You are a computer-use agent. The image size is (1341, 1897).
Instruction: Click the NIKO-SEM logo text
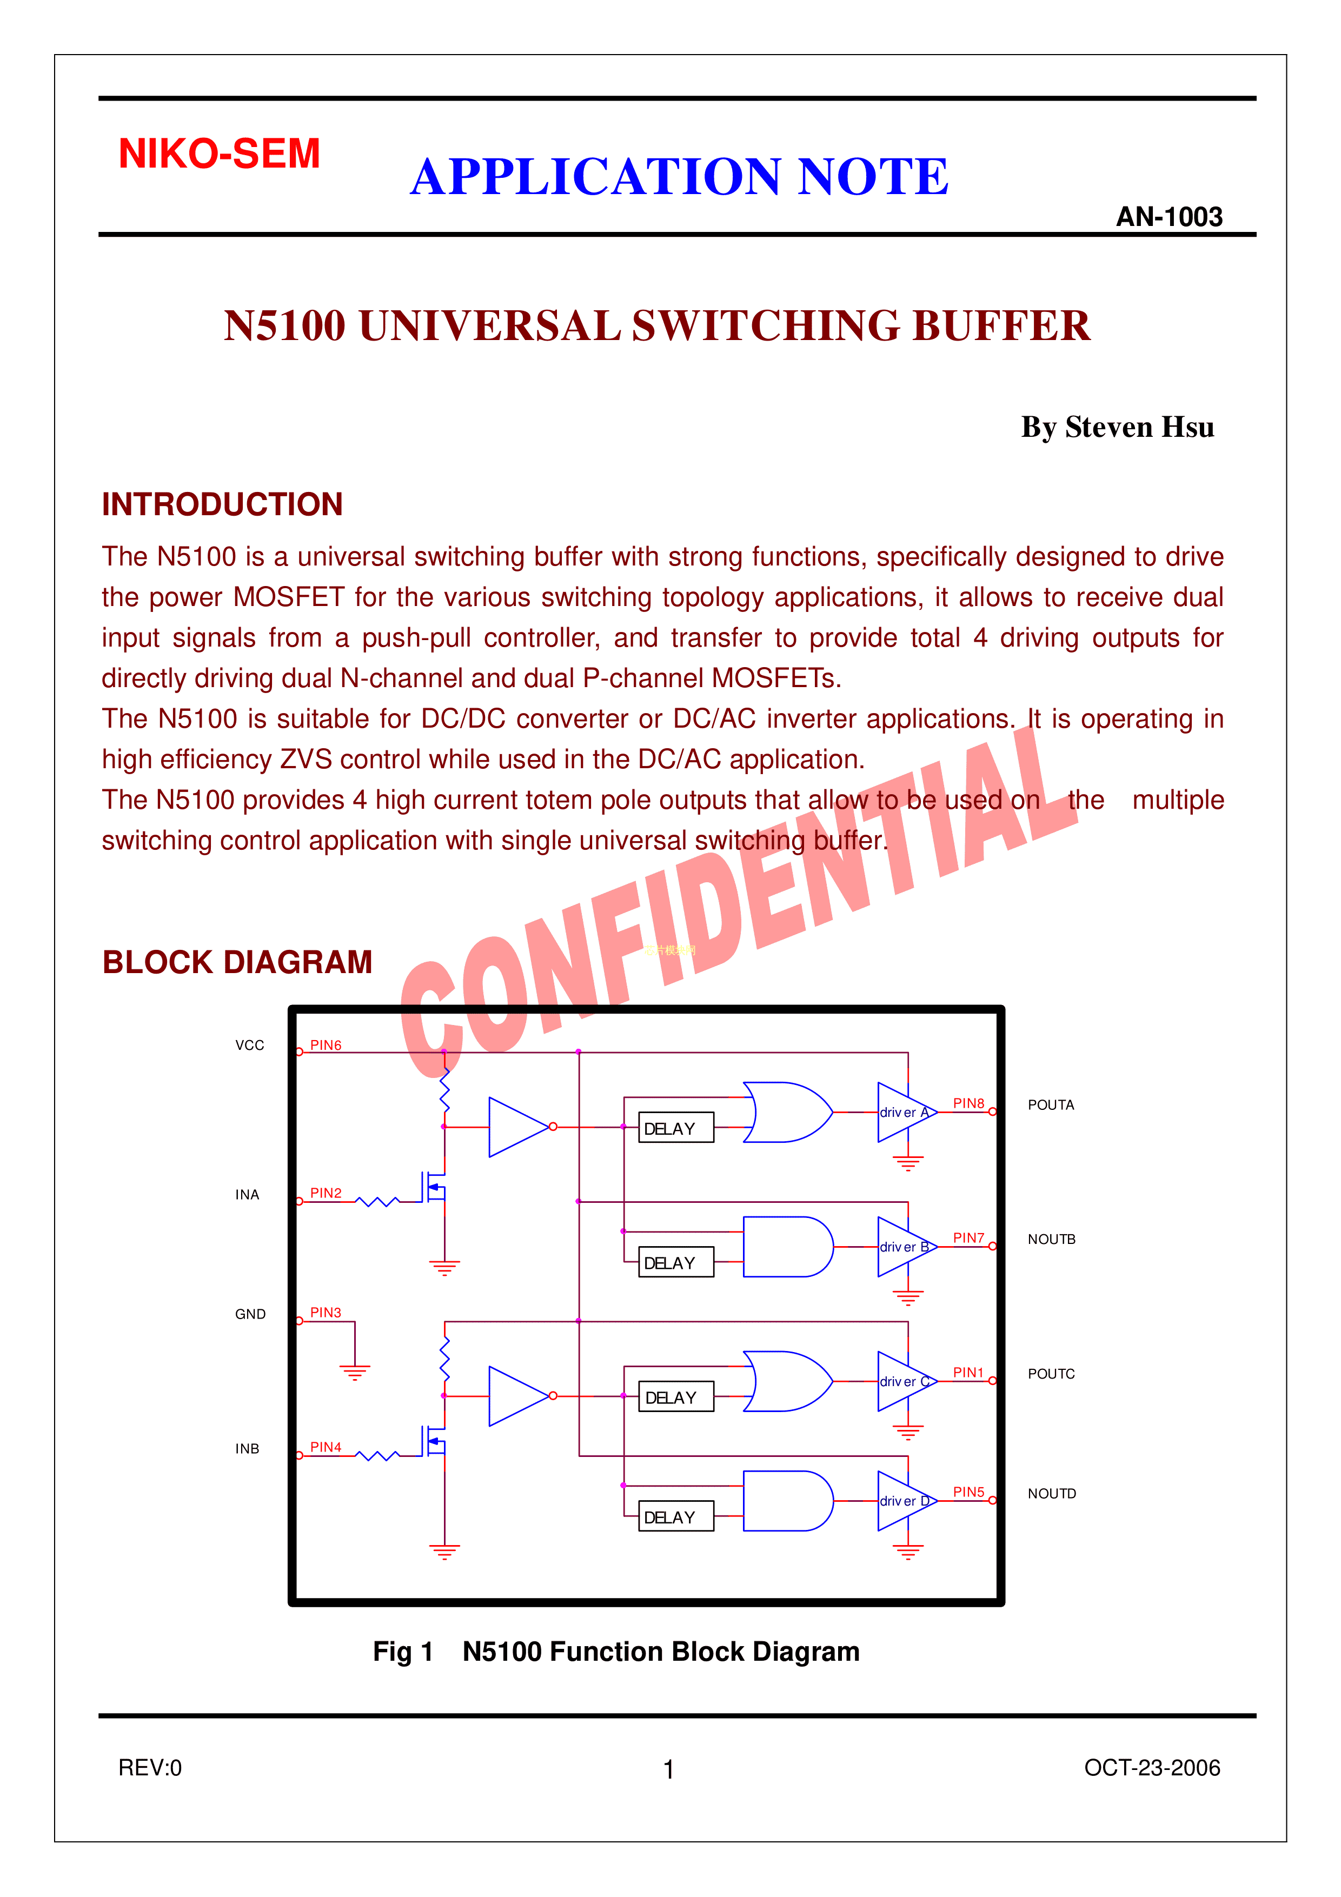pos(219,154)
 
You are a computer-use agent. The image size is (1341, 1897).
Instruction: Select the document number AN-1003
pos(1169,216)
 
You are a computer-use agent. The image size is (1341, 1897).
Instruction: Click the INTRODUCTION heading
pos(222,504)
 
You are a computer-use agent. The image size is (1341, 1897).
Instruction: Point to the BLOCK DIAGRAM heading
pos(237,962)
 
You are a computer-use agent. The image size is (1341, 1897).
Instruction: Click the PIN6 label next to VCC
pos(326,1045)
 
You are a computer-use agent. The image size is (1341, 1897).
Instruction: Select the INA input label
pos(247,1195)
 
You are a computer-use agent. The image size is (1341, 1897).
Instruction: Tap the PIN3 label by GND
pos(326,1312)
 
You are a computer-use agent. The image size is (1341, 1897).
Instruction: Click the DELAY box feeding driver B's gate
pos(675,1262)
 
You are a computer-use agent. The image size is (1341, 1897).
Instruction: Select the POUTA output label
pos(1050,1104)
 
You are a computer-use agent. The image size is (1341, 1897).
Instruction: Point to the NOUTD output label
pos(1051,1493)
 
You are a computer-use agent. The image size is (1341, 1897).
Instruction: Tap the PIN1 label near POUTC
pos(968,1373)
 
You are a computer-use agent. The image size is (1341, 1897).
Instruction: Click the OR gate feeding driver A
pos(786,1112)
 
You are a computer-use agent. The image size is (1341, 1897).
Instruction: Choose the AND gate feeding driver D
pos(786,1500)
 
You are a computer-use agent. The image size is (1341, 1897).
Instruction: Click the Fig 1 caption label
pos(402,1651)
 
